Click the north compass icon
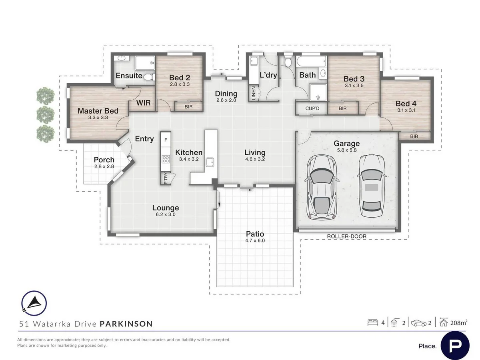34,303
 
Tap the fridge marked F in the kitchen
166,140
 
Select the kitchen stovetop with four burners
166,159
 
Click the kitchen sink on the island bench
210,162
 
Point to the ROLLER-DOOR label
347,236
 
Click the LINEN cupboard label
254,93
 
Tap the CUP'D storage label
312,108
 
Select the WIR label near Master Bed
144,103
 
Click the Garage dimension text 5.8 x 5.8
347,150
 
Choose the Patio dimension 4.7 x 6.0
255,240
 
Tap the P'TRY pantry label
166,178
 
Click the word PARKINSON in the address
126,324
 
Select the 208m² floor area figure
459,323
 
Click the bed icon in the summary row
373,323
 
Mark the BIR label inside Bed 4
414,136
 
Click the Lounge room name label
166,208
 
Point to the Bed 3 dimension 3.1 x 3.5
354,86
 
